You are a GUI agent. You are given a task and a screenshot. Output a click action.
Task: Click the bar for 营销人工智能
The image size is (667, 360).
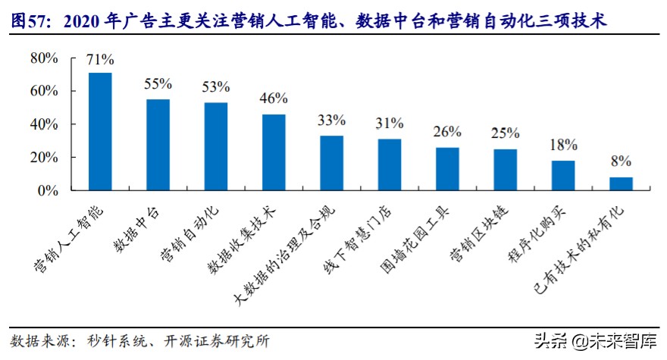coord(100,132)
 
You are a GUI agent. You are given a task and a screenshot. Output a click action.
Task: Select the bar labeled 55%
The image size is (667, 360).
coord(158,145)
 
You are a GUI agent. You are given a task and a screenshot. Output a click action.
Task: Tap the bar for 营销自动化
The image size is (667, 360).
coord(216,146)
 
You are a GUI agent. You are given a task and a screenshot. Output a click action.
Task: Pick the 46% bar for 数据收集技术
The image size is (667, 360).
coord(274,152)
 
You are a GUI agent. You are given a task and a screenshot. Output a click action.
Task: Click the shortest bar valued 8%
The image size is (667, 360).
coord(621,184)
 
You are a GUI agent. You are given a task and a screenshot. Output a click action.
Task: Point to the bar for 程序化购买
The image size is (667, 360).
coord(563,176)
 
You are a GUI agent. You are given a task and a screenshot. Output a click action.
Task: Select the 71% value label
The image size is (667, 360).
coord(100,59)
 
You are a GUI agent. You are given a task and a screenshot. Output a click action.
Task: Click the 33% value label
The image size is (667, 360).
coord(331,120)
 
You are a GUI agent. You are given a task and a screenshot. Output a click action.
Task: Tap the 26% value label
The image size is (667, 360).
coord(447,132)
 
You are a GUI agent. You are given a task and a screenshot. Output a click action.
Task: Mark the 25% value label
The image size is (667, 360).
coord(505,133)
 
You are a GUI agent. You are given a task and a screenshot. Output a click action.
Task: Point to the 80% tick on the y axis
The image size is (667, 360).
coord(44,58)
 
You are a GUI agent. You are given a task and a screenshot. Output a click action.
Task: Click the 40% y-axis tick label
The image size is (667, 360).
coord(44,124)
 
